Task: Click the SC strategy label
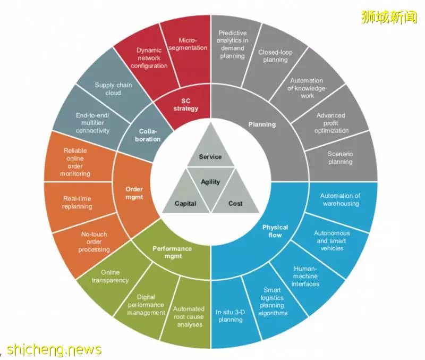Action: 186,105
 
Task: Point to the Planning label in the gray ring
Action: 262,124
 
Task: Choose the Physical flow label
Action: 275,231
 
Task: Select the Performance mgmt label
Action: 172,252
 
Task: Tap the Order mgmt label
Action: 134,193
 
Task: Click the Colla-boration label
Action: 148,135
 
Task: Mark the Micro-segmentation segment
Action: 187,52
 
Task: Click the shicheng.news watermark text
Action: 54,349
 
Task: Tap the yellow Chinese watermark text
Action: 389,17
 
